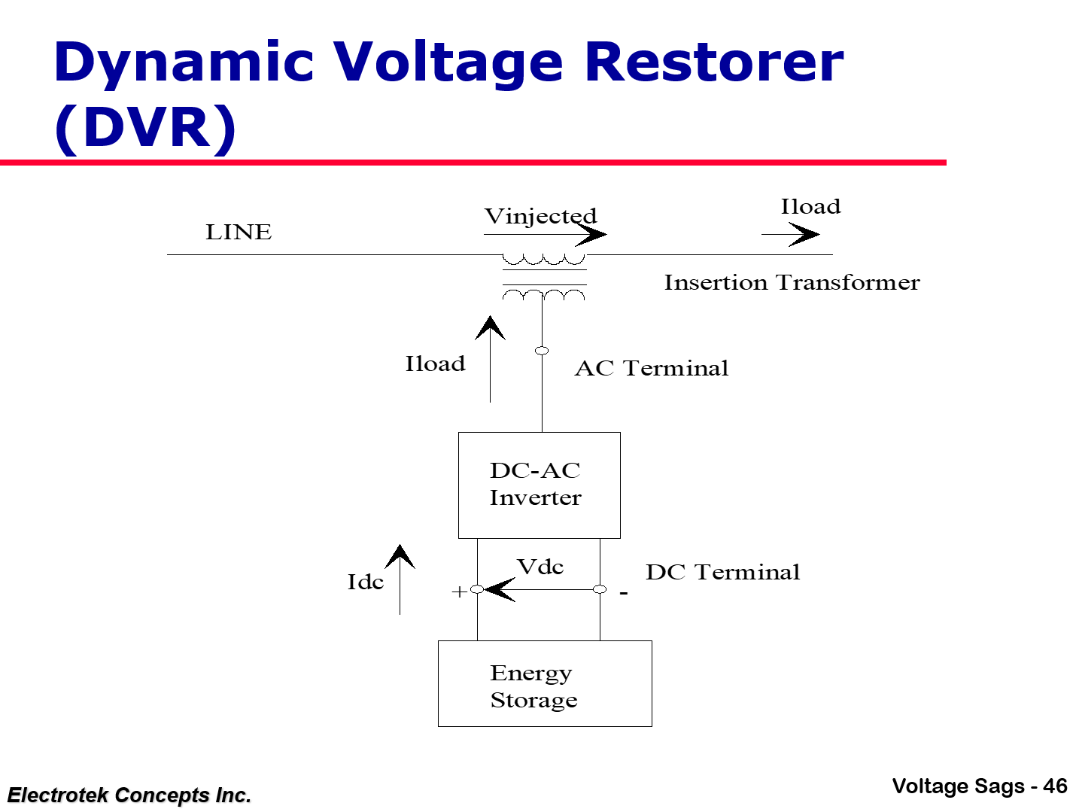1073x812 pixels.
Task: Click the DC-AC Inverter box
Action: [539, 485]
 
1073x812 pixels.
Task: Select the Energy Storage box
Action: [545, 683]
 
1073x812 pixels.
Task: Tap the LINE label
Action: [239, 233]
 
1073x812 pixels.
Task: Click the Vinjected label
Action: [540, 216]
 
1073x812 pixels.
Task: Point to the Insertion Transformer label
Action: [792, 283]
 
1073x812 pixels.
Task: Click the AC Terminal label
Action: [652, 369]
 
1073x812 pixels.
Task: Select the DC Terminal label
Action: [722, 573]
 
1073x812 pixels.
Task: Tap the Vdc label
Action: [540, 567]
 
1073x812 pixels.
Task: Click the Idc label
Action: [365, 582]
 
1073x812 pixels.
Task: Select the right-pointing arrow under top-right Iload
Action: [792, 235]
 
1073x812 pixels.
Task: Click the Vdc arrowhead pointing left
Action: [499, 589]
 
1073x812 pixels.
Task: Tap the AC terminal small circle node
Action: [542, 351]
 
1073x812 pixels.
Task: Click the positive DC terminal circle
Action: [477, 589]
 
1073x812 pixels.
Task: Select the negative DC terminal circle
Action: [600, 589]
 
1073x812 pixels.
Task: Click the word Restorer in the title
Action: [713, 62]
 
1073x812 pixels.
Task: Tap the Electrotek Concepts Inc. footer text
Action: [129, 795]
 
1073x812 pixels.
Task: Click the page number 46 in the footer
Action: [1056, 786]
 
